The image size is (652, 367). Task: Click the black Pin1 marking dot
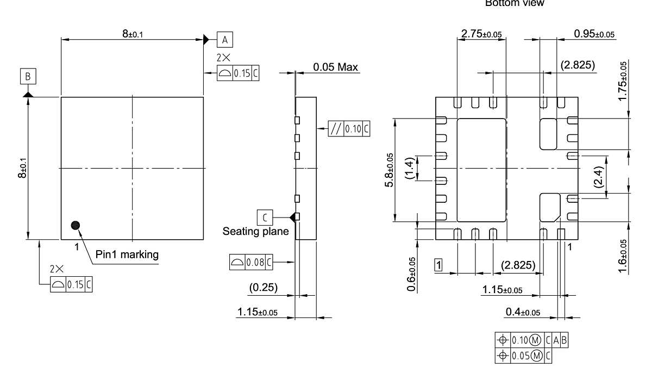(x=76, y=225)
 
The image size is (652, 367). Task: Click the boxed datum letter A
(x=225, y=39)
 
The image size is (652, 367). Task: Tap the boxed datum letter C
(x=265, y=217)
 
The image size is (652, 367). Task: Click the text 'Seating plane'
(x=255, y=232)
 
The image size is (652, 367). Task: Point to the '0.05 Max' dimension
(x=336, y=67)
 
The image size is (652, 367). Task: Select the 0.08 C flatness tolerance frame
(x=252, y=263)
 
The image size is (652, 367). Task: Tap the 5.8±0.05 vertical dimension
(x=388, y=170)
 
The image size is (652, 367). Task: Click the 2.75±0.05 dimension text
(x=481, y=34)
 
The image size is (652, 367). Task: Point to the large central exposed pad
(x=481, y=170)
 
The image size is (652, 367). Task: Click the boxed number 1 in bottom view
(x=438, y=265)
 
